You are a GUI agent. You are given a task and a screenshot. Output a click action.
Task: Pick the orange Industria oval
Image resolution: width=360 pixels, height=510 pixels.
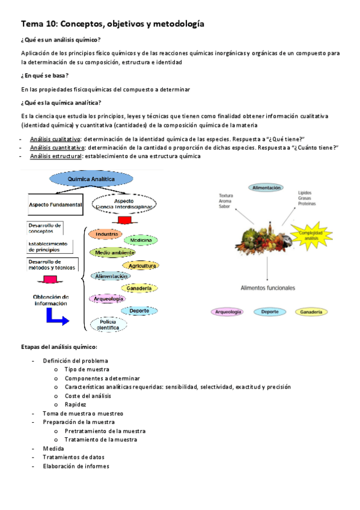[x=106, y=233]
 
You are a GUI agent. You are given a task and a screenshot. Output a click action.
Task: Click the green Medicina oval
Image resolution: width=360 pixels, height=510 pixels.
[x=141, y=240]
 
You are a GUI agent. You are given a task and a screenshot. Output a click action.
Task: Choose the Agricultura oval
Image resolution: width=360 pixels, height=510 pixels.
[x=142, y=265]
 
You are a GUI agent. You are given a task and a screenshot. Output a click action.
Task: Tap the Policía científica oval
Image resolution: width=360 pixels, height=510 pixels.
[x=108, y=325]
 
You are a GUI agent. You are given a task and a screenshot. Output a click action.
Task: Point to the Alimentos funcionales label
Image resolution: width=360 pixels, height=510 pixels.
[x=268, y=288]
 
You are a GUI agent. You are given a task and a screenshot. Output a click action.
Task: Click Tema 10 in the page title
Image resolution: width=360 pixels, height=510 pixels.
[x=40, y=24]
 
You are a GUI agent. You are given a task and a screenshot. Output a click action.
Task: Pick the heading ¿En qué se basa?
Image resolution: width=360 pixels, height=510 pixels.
[x=44, y=75]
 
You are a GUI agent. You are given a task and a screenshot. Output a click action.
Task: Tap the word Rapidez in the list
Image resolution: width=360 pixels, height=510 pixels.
[x=75, y=404]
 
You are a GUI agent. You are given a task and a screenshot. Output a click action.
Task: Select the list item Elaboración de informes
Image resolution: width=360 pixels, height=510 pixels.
[x=76, y=466]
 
